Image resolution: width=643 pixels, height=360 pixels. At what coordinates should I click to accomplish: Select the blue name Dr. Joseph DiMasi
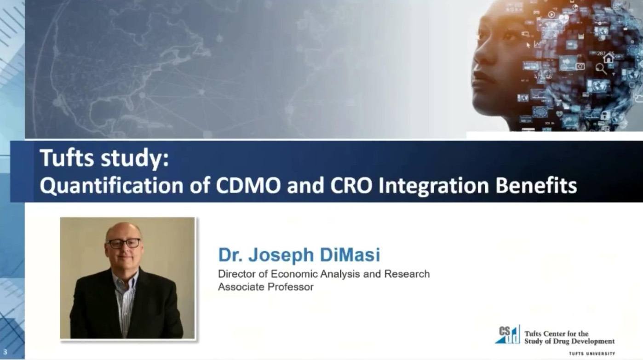pos(299,255)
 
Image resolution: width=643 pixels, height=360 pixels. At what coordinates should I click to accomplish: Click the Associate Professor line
pos(265,287)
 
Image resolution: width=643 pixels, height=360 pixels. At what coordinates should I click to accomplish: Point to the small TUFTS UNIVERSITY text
pos(592,354)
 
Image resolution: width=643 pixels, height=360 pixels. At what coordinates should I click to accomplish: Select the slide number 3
pos(5,352)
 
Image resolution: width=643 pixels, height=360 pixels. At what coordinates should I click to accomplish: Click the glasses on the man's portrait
pos(123,243)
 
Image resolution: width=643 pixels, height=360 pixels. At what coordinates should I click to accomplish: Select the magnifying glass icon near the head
pos(601,69)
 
